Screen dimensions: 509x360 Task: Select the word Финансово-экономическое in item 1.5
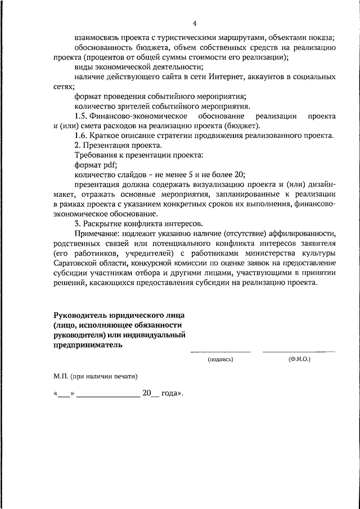point(139,116)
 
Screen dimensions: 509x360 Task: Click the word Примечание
point(97,233)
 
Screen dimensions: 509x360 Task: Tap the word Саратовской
point(78,263)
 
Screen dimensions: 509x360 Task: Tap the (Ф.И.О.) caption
point(299,358)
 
